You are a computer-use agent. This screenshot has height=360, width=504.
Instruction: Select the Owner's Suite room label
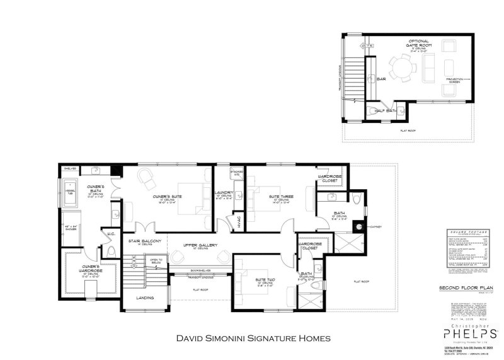click(x=168, y=197)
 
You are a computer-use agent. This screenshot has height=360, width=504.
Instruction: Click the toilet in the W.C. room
click(x=111, y=252)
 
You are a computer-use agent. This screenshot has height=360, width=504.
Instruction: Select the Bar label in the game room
click(x=381, y=79)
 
